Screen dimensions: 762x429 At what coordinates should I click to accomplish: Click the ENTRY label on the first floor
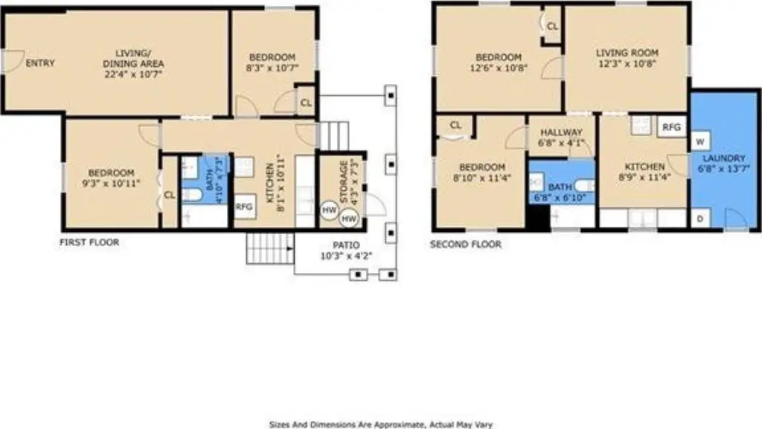tap(40, 63)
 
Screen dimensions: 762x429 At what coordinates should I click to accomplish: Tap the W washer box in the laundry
tap(700, 142)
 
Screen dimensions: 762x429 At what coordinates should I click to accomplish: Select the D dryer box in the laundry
tap(700, 219)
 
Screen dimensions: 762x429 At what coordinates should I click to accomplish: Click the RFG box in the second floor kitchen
tap(672, 127)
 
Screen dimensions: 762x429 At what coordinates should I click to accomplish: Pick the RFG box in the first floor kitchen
tap(244, 207)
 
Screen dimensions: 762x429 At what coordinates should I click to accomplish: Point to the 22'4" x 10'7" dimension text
tap(133, 74)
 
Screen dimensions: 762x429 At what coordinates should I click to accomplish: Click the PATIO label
tap(346, 245)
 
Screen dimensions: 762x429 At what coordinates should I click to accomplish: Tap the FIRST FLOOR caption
tap(89, 242)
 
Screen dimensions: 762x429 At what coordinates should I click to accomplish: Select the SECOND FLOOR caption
tap(466, 244)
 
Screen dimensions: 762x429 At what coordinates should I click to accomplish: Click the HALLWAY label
tap(561, 132)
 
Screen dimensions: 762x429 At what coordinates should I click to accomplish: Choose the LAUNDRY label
tap(723, 158)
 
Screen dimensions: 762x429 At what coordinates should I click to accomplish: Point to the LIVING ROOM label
tap(627, 53)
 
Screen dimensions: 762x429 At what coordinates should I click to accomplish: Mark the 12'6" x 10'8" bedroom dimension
tap(499, 68)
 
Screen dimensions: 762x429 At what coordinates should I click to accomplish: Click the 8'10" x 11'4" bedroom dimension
tap(481, 178)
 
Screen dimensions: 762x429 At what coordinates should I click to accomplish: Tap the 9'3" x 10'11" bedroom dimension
tap(111, 184)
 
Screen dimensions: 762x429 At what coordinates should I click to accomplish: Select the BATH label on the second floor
tap(560, 187)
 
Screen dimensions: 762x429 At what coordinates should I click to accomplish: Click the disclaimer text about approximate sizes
tap(380, 425)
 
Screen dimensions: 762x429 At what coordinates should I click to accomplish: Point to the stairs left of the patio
tap(270, 248)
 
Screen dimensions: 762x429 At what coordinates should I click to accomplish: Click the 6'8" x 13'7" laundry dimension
tap(723, 169)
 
